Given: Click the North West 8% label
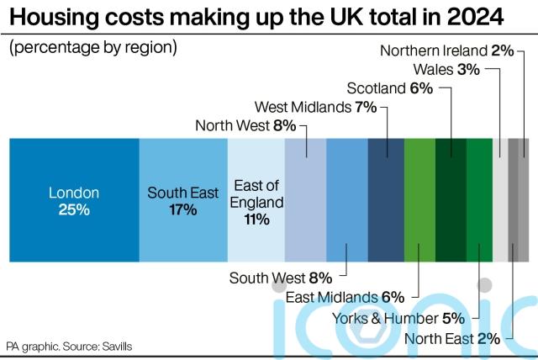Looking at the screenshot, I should click(245, 126).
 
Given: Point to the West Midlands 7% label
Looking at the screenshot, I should click(315, 107).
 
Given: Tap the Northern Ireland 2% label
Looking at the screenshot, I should click(446, 50).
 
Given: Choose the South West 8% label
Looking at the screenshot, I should click(281, 278).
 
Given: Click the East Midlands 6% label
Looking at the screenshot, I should click(345, 297).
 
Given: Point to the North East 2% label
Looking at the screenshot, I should click(452, 339).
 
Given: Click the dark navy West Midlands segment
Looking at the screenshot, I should click(386, 200).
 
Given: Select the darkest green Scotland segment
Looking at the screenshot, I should click(451, 200).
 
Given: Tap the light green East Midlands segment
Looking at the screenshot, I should click(419, 200).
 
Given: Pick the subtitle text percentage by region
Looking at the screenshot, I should click(92, 47).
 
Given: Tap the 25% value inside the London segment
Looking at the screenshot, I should click(74, 209).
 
